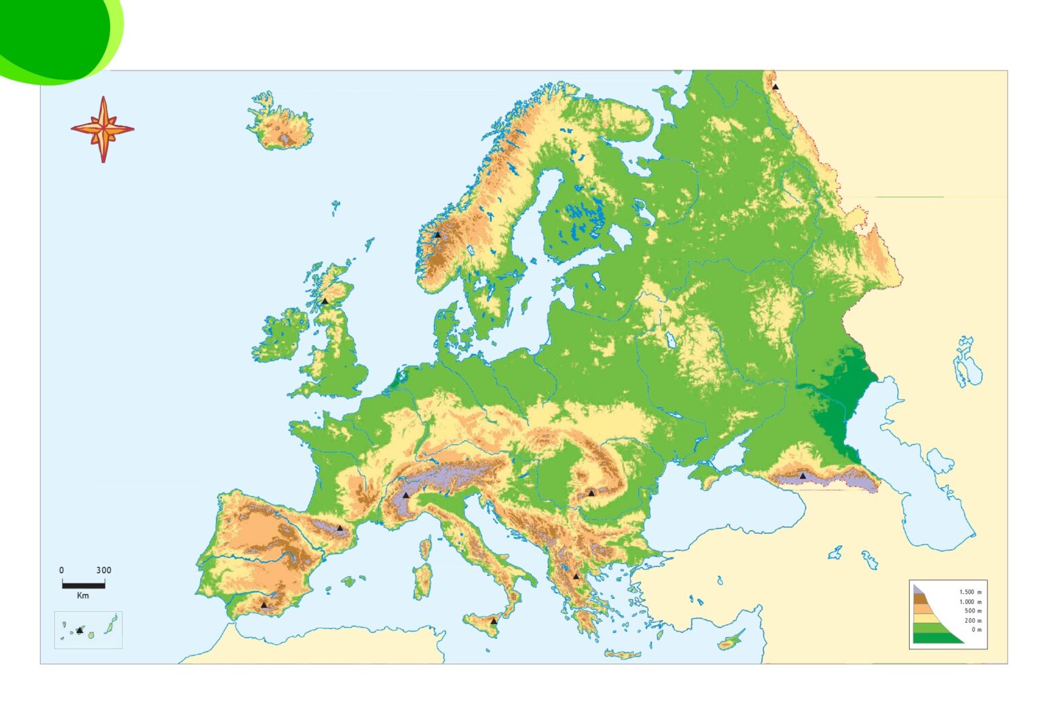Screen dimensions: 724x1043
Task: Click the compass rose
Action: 103,128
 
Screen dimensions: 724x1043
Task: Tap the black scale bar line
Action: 84,584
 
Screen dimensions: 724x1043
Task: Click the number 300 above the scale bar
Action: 103,570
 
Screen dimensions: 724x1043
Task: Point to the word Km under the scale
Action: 83,596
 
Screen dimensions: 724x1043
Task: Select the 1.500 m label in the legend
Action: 970,592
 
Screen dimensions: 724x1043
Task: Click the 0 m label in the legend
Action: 976,630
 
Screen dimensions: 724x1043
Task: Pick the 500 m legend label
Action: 973,611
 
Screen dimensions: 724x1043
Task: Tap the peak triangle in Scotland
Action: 325,300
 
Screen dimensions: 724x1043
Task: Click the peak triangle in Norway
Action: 437,235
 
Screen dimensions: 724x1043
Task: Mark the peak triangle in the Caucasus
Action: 803,475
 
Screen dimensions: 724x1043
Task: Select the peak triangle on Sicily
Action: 494,621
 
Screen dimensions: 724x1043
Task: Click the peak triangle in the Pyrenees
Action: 340,528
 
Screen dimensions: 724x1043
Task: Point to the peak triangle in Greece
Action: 576,576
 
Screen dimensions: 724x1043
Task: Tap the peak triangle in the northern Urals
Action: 775,87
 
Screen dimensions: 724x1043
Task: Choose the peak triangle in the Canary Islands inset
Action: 79,630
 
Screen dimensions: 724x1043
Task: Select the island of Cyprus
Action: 731,641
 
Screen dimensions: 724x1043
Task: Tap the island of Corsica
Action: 425,548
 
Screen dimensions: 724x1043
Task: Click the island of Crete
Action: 623,655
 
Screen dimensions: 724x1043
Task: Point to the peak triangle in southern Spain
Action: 264,604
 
